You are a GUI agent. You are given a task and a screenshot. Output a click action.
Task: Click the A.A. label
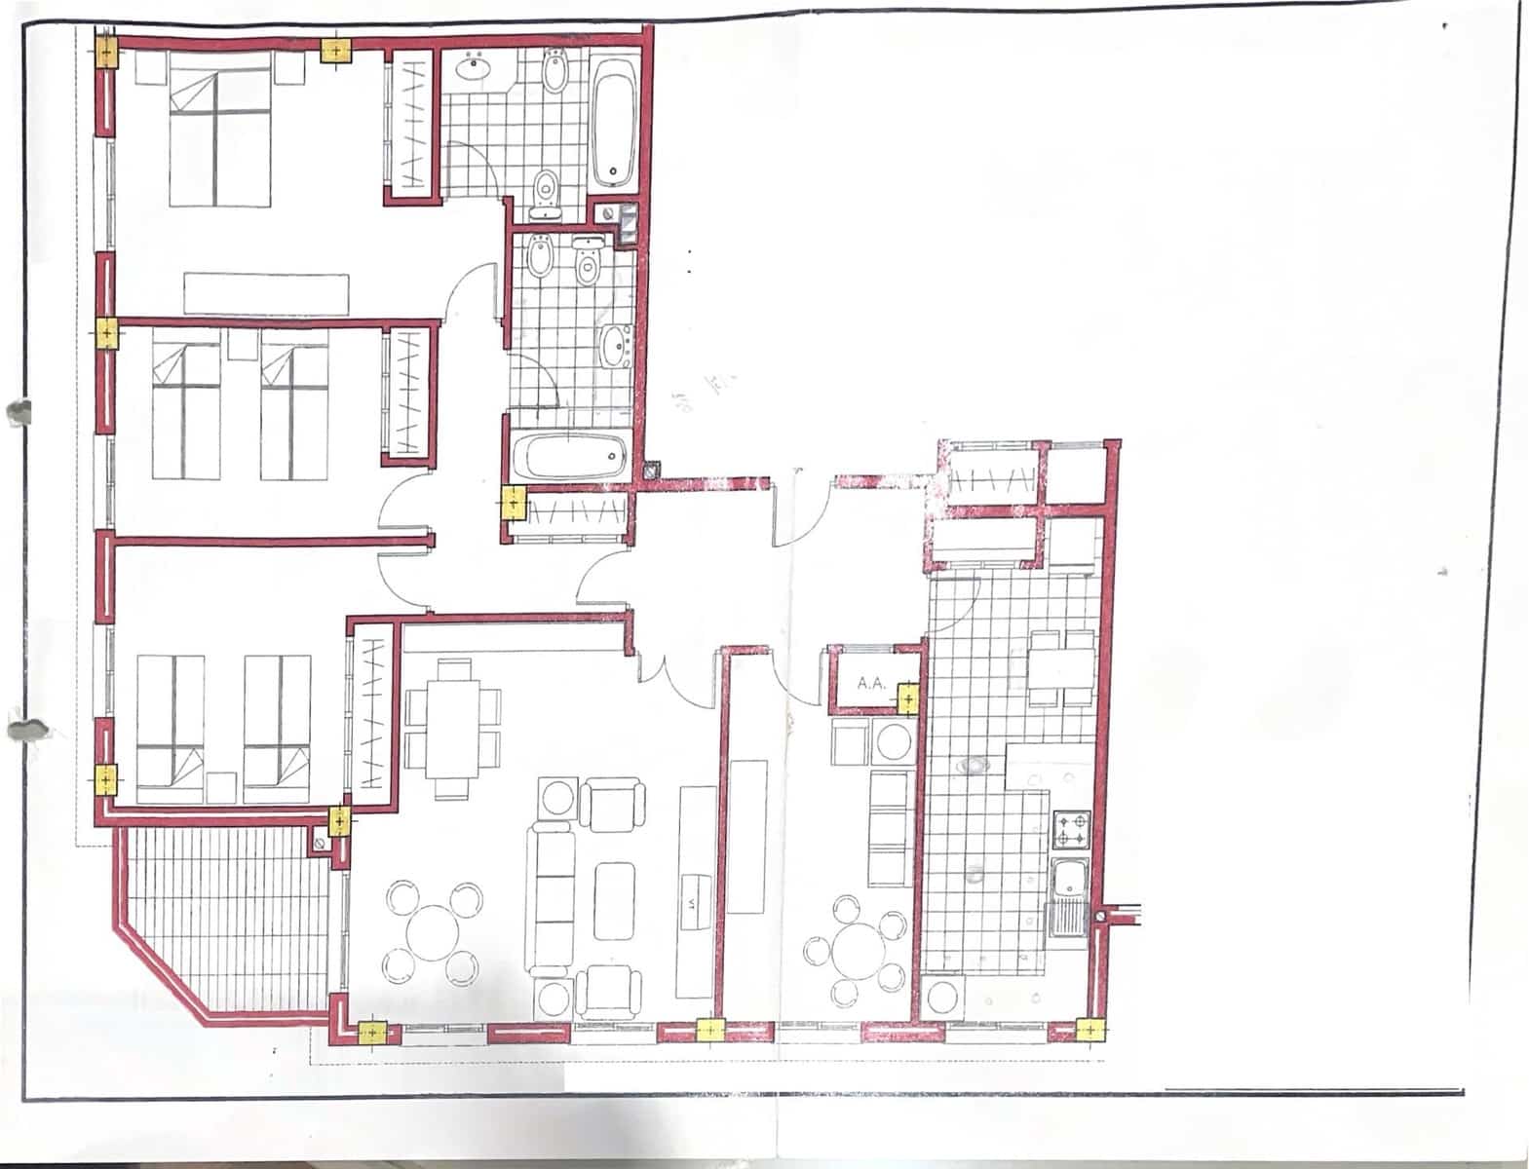(x=870, y=683)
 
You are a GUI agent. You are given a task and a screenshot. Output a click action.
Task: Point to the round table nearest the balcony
(x=434, y=930)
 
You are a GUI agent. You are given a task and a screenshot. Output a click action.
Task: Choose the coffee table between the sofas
(x=614, y=899)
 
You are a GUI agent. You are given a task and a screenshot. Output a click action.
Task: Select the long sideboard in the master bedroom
(x=266, y=293)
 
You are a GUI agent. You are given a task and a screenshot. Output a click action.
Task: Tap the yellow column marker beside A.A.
(x=907, y=698)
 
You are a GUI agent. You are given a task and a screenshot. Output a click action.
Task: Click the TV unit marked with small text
(x=698, y=891)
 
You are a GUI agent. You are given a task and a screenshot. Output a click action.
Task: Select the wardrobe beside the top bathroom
(x=412, y=124)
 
